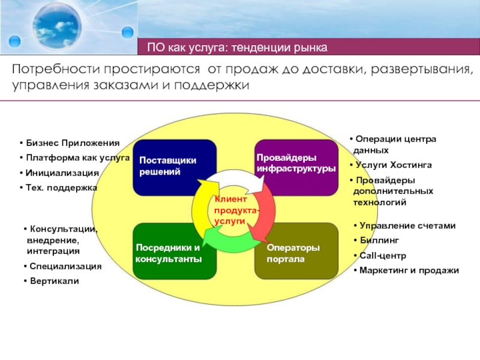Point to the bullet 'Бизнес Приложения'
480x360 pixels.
72,143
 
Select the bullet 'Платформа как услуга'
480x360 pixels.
77,158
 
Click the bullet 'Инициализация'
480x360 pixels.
62,173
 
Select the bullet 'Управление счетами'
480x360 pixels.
407,226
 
